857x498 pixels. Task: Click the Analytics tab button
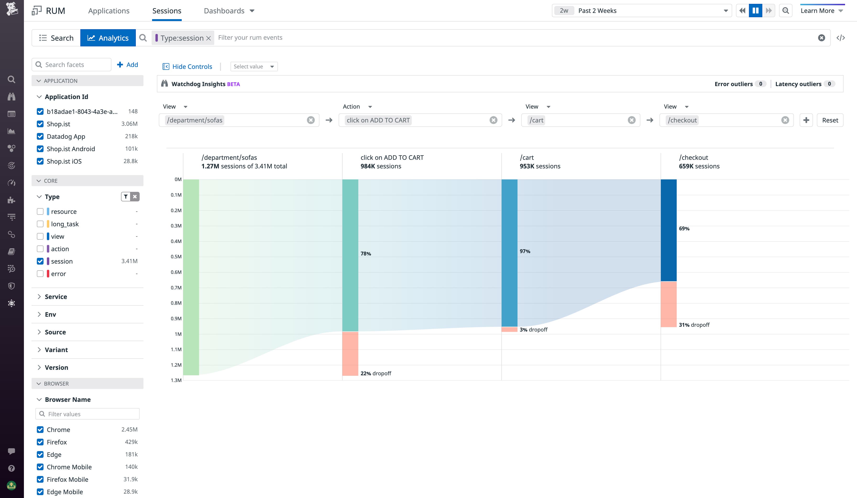108,38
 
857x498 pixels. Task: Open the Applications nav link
109,11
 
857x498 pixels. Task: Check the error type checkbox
40,274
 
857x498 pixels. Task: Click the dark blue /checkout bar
668,230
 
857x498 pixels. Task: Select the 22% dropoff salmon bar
350,354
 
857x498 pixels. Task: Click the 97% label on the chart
525,251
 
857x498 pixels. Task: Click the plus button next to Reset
806,120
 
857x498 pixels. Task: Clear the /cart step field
632,120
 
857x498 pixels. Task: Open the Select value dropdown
254,67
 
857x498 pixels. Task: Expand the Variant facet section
56,350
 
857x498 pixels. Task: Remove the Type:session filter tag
209,38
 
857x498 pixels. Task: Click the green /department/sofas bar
191,277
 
